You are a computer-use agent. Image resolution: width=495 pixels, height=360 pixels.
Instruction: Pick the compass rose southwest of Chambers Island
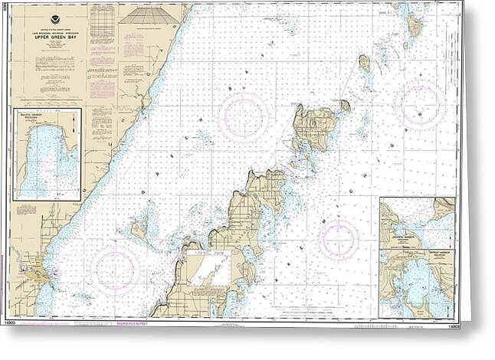pyautogui.click(x=115, y=269)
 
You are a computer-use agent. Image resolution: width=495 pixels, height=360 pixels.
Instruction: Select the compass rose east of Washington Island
pyautogui.click(x=419, y=103)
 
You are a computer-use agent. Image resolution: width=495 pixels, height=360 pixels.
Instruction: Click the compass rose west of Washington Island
pyautogui.click(x=243, y=116)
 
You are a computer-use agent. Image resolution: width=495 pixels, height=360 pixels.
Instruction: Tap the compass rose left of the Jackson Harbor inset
pyautogui.click(x=338, y=240)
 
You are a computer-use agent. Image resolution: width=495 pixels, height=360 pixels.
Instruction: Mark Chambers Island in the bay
pyautogui.click(x=139, y=227)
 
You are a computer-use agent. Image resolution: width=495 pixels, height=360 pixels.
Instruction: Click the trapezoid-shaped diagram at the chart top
pyautogui.click(x=149, y=15)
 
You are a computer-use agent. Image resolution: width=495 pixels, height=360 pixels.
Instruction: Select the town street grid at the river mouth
pyautogui.click(x=35, y=272)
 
